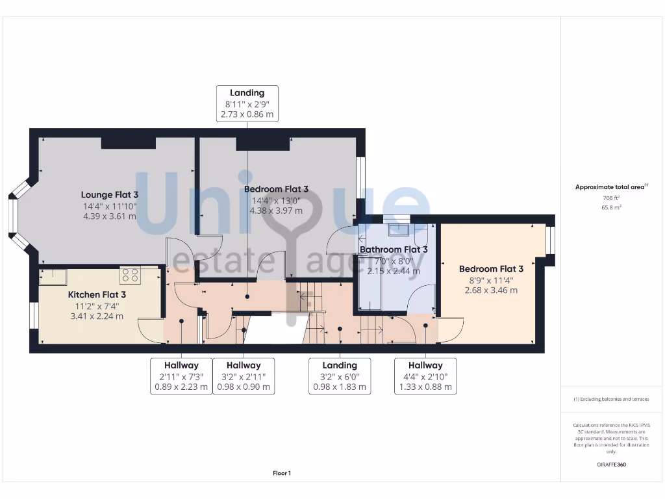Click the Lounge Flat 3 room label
(x=110, y=194)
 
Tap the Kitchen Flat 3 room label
(x=97, y=294)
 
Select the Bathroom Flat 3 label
(x=394, y=249)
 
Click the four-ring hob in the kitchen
(x=130, y=275)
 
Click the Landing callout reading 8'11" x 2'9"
(x=247, y=103)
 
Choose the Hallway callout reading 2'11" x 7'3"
(x=181, y=376)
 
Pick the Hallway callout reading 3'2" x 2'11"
(x=244, y=376)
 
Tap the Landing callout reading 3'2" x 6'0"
(x=340, y=376)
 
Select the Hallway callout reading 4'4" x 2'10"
(x=425, y=376)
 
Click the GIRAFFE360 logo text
(x=610, y=465)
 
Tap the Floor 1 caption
(x=282, y=474)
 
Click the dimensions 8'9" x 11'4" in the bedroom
(x=491, y=280)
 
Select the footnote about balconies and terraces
(x=610, y=399)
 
